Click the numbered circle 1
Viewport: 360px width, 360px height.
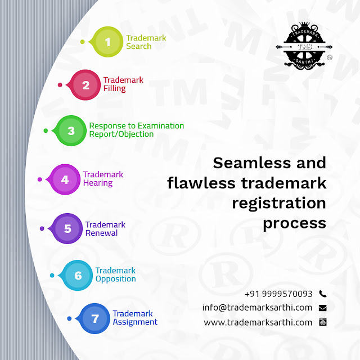pos(108,42)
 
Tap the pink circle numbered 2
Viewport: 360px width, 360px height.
pos(85,85)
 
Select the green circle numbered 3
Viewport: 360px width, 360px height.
pos(71,130)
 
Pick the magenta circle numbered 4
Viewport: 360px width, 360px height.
pos(65,179)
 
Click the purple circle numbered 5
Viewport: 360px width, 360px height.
pos(67,228)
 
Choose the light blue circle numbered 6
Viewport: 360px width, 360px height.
pos(78,275)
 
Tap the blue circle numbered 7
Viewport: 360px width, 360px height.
pos(95,318)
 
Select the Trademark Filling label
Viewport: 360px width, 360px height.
pos(123,84)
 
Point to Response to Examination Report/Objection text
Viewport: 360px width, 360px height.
pos(137,130)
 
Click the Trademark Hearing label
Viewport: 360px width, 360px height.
pos(103,179)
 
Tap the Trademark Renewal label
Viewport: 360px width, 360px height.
pos(105,228)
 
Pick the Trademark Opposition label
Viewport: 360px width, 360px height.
pos(115,274)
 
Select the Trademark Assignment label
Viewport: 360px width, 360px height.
pos(135,318)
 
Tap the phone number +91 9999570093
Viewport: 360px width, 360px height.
pos(278,294)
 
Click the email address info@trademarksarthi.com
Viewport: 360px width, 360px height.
pos(257,308)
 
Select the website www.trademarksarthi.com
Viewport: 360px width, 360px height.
pos(258,322)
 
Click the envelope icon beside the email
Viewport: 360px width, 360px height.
pos(322,308)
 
